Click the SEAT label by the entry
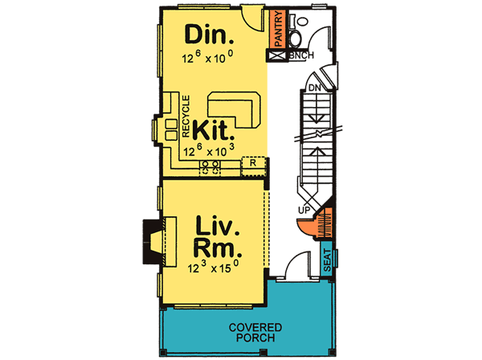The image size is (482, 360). click(327, 261)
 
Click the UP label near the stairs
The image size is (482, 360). click(304, 211)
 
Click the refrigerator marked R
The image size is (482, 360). click(253, 162)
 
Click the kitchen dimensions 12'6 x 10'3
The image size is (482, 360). click(209, 149)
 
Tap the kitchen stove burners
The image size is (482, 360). click(210, 167)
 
